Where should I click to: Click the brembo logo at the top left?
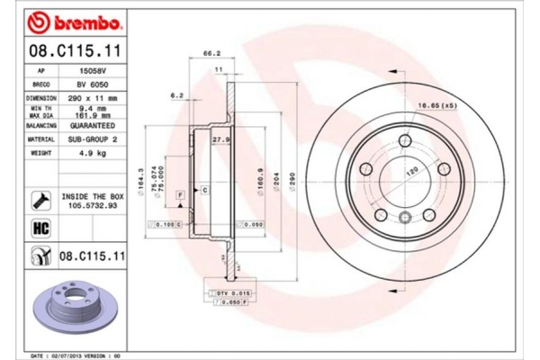[67, 21]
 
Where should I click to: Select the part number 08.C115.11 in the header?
[68, 50]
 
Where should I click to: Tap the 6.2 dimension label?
[176, 94]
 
